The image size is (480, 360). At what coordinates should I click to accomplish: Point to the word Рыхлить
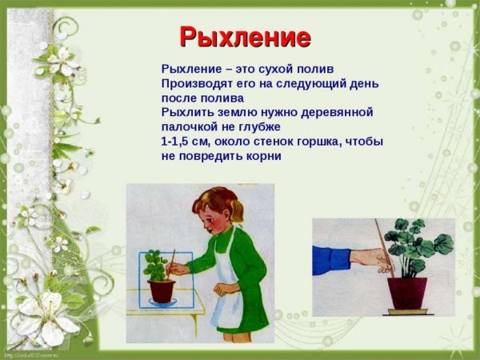tap(187, 112)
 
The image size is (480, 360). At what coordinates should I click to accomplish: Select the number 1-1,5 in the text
tap(180, 141)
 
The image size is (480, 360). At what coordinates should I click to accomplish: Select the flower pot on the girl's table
tap(162, 290)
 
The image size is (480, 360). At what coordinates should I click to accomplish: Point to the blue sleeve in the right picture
tap(331, 260)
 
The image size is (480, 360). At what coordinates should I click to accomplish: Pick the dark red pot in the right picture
tap(407, 293)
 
